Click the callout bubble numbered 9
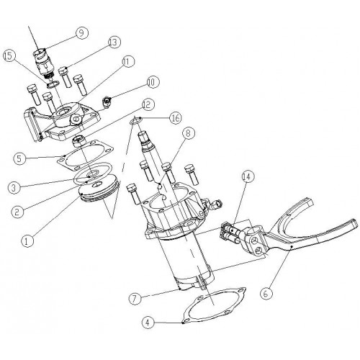(82, 33)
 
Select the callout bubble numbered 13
(114, 42)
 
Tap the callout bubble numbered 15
(9, 56)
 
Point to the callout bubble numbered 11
(128, 63)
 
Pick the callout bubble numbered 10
(153, 82)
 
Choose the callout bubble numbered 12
(148, 104)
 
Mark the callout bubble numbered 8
(189, 134)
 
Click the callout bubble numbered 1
(27, 240)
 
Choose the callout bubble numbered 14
(248, 177)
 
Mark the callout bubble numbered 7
(135, 298)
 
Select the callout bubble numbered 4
(148, 323)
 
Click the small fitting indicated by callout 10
(107, 100)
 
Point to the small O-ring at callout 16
(136, 120)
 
